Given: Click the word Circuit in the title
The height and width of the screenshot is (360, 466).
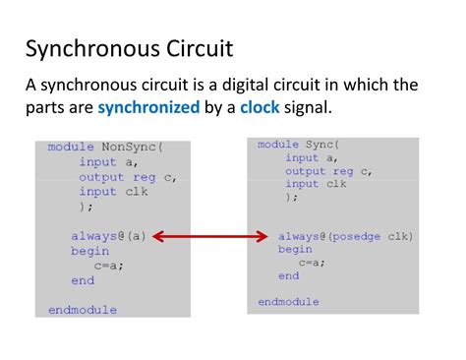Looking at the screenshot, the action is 200,48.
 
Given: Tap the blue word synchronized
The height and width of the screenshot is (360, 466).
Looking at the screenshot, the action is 148,108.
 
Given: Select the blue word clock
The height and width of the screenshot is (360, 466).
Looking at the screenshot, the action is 260,107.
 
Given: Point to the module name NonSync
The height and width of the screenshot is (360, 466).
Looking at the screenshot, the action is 129,147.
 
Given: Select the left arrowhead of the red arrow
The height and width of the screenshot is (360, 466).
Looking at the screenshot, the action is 158,236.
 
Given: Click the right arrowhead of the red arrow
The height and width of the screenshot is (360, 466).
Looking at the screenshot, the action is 262,236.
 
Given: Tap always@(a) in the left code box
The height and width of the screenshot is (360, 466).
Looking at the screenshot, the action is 108,236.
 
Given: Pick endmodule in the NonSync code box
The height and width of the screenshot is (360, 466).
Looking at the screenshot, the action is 83,310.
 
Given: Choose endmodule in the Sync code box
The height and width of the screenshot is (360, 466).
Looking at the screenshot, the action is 288,302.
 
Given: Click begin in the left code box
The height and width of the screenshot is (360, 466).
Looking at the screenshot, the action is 90,251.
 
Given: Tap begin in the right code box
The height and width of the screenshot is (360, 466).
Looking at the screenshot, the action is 295,250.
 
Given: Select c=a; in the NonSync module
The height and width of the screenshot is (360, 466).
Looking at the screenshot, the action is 109,266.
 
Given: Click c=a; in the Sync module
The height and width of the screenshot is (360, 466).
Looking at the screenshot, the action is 312,263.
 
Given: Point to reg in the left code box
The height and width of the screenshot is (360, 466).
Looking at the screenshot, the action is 145,178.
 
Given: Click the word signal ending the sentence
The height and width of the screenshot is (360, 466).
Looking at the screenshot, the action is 308,108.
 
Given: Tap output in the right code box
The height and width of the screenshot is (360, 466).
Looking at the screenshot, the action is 306,171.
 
